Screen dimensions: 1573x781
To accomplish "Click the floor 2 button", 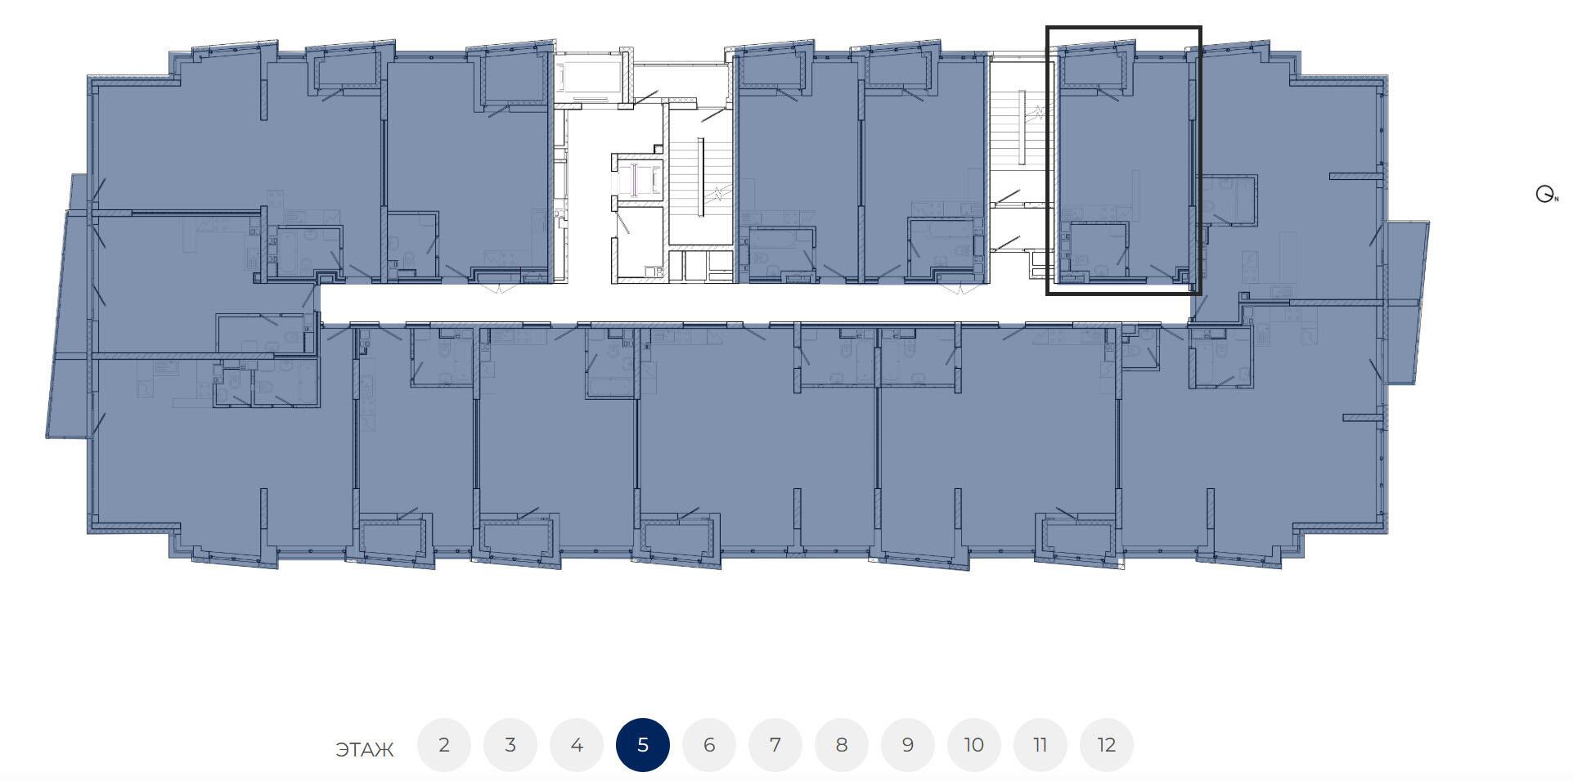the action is [x=444, y=745].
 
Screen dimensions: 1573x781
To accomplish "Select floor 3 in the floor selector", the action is [x=510, y=745].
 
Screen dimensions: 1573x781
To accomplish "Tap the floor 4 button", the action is [x=577, y=745].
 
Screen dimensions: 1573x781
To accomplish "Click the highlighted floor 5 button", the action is [x=643, y=745].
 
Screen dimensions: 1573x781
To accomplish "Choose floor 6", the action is [x=709, y=745].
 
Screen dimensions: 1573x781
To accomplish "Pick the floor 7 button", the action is [x=775, y=745].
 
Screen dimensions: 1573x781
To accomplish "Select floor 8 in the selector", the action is [x=842, y=745].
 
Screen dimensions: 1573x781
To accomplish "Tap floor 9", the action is [x=908, y=745].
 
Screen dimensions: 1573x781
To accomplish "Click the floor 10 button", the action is [x=974, y=745].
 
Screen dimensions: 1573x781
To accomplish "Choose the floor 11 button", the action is [x=1040, y=745].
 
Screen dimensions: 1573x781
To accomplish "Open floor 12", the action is [x=1107, y=745].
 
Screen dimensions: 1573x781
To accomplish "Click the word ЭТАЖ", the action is [x=365, y=750].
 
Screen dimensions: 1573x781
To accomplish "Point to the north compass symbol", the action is [x=1545, y=195].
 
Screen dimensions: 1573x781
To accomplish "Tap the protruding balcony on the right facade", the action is [x=1406, y=302].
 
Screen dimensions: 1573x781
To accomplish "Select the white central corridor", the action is [x=753, y=303].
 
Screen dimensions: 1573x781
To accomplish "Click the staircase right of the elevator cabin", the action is [x=700, y=176].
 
